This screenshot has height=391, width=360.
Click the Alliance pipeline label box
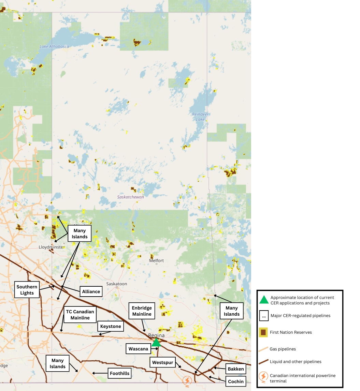91,291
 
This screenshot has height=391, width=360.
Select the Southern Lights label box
27,290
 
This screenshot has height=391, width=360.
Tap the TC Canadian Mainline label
80,315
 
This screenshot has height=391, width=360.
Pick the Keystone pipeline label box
111,326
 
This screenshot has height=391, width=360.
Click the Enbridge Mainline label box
142,311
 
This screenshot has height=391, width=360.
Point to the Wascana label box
138,349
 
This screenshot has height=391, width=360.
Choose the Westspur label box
163,362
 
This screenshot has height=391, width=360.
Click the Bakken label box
236,369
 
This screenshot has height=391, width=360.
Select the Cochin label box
236,381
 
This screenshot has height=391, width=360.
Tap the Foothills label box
119,373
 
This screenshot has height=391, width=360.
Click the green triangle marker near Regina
156,342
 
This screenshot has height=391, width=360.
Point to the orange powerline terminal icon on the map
187,380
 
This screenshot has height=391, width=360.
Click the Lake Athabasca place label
54,46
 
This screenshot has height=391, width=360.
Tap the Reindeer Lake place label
200,117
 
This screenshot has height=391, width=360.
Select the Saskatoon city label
117,284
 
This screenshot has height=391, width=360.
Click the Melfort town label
157,260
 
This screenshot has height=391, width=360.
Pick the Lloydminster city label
51,247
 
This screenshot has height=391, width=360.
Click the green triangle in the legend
264,300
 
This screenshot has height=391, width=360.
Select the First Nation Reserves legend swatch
263,332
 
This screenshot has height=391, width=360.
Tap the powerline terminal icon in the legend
263,377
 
